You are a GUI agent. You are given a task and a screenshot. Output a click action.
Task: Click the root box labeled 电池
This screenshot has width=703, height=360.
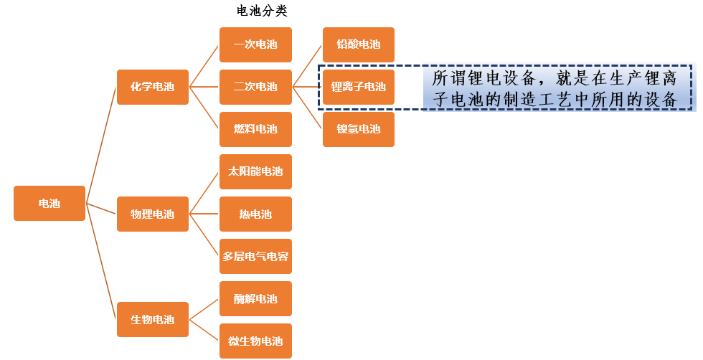tap(49, 203)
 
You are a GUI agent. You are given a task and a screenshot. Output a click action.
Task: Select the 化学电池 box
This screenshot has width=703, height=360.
tap(152, 87)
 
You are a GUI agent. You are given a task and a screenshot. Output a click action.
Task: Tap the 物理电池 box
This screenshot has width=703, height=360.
tap(152, 214)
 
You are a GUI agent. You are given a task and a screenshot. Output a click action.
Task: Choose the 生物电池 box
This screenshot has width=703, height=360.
tap(152, 319)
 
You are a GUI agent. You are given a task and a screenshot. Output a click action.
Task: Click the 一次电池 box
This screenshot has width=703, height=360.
tap(255, 44)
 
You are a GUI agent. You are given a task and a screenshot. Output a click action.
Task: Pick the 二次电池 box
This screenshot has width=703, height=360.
tap(255, 87)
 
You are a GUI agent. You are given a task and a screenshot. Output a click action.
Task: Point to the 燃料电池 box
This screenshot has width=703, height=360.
tap(255, 129)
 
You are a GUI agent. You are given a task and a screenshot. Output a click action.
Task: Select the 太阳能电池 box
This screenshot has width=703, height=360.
tap(255, 171)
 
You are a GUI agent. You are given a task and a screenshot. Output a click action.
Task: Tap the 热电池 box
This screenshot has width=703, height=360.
tap(255, 214)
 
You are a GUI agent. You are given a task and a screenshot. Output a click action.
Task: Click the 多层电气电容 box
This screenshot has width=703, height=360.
tap(255, 256)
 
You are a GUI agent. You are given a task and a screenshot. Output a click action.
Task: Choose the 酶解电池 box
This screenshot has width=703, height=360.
tap(255, 298)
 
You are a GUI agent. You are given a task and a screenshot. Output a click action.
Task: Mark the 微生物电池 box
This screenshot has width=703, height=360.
tap(255, 341)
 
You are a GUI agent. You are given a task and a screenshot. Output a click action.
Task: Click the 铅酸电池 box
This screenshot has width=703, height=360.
tap(358, 44)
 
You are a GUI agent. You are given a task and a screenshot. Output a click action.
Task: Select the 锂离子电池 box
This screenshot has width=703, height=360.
tap(358, 87)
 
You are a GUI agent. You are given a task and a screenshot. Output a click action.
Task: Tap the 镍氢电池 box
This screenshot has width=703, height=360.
tap(358, 129)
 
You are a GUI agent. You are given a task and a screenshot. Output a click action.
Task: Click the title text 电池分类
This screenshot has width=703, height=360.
tap(262, 11)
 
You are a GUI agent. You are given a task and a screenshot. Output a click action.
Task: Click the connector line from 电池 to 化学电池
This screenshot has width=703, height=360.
tap(101, 143)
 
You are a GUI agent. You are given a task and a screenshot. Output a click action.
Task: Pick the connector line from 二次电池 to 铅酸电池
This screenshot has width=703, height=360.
tap(308, 65)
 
